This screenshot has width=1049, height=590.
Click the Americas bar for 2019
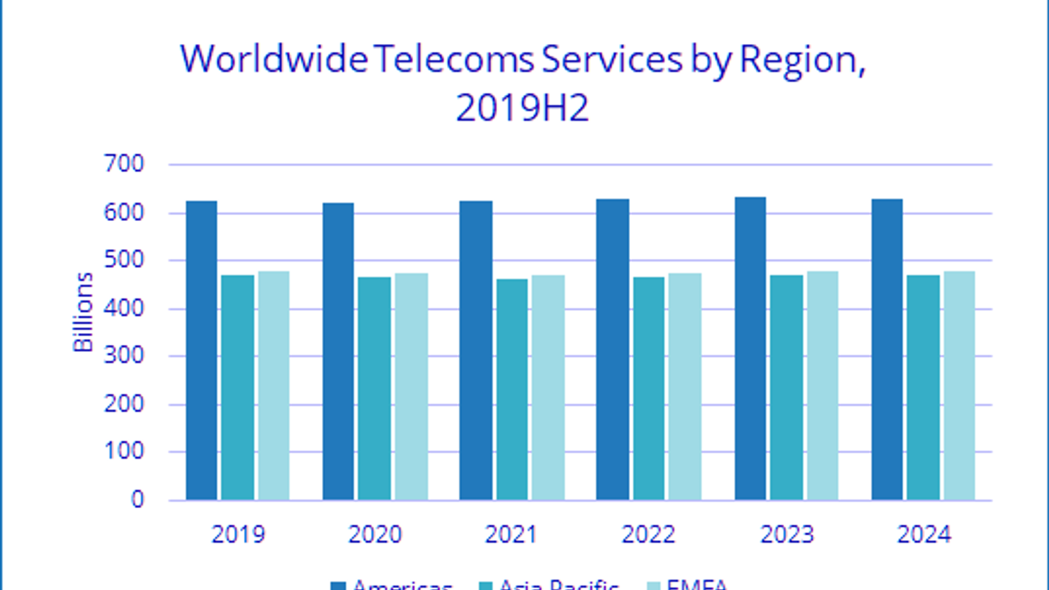point(201,351)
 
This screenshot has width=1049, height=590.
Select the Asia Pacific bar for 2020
point(374,388)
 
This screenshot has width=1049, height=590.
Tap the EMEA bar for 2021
point(548,387)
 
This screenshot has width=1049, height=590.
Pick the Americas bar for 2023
point(750,349)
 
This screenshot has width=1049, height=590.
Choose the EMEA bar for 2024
point(959,385)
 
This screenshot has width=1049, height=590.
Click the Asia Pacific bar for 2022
point(648,388)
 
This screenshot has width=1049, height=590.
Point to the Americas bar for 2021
point(475,351)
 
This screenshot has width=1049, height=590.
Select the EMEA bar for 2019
point(273,385)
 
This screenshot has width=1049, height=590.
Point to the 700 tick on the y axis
point(124,164)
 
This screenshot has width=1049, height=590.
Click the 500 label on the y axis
point(124,260)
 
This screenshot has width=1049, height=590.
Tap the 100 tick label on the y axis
point(124,452)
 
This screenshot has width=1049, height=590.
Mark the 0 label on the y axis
point(137,500)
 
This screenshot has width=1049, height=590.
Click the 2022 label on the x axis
point(648,535)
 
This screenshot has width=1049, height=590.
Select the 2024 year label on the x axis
point(924,535)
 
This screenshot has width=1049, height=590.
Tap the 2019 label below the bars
point(238,535)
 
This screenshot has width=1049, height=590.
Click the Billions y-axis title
point(83,313)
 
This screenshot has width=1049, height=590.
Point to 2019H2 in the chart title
point(523,108)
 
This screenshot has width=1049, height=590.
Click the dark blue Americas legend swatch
point(338,585)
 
